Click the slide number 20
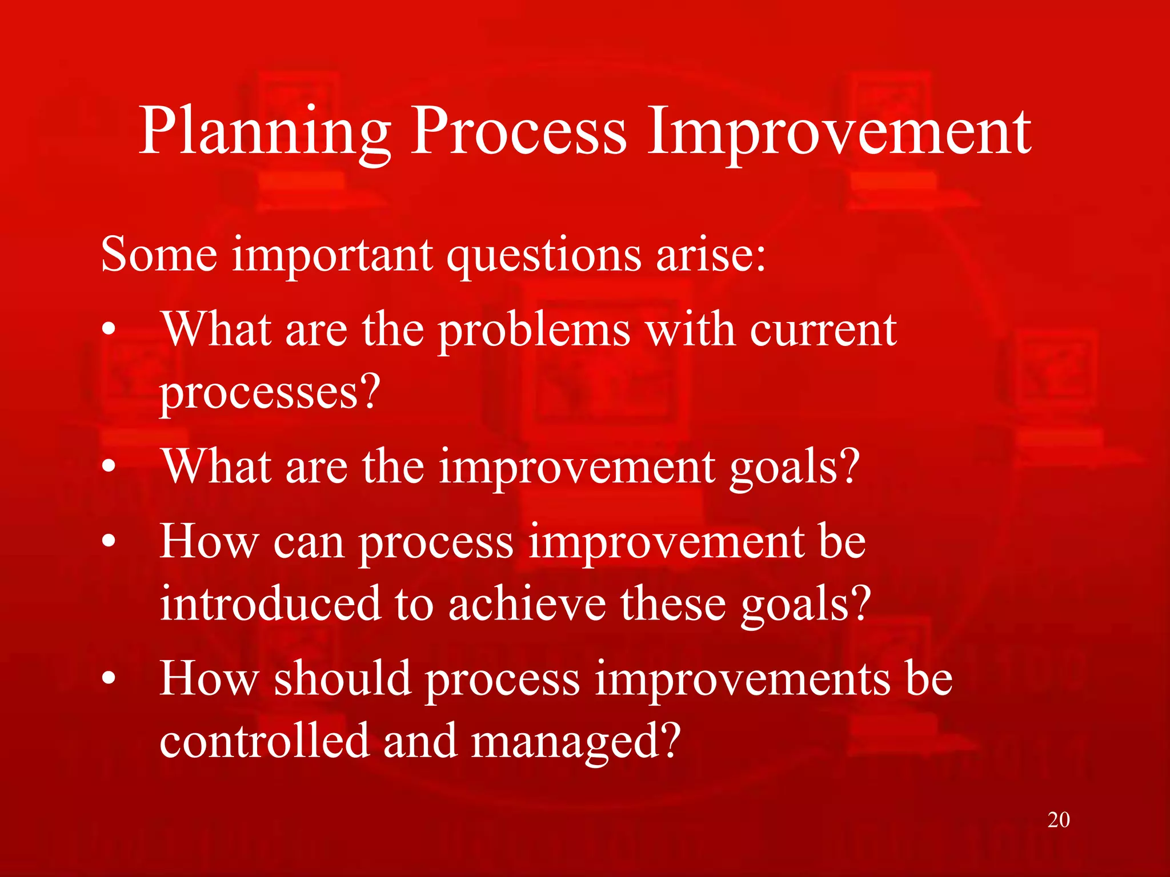pos(1058,820)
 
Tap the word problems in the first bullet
pos(534,331)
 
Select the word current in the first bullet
pos(823,331)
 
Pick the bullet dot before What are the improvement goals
pos(109,467)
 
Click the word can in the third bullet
pos(308,542)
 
